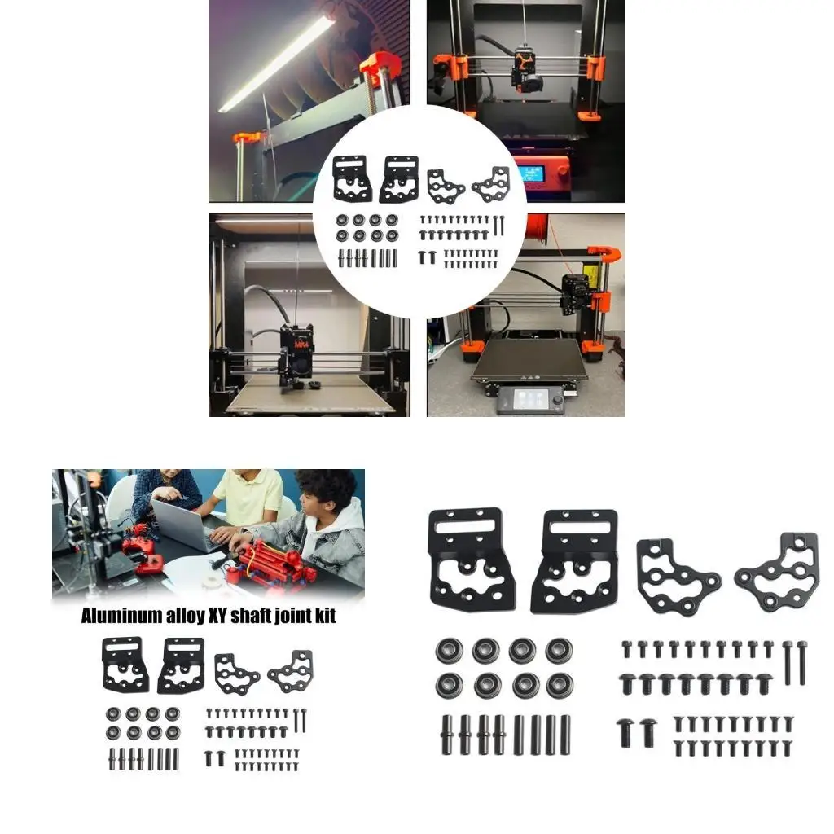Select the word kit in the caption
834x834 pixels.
pos(324,616)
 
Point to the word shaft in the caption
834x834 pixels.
pos(249,616)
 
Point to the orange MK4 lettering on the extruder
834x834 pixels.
pos(301,345)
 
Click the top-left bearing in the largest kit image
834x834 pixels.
pos(450,649)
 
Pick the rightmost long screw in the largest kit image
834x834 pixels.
pos(801,661)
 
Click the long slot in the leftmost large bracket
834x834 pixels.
pos(465,527)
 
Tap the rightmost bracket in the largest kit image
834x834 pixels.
pos(777,574)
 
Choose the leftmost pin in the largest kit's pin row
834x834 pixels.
pos(448,735)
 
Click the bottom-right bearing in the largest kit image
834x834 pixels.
pos(560,685)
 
